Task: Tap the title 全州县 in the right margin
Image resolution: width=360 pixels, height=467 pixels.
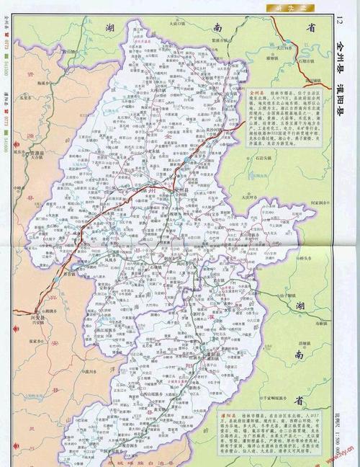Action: pos(341,57)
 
